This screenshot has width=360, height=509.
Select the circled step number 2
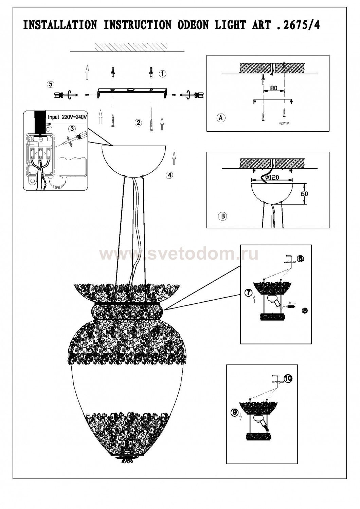click(x=138, y=123)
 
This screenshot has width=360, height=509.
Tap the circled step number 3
click(x=72, y=129)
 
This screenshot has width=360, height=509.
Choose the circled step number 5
click(x=50, y=84)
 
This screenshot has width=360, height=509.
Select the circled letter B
click(x=223, y=216)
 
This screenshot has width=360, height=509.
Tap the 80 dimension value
click(x=274, y=88)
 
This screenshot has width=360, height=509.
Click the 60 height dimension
click(x=305, y=194)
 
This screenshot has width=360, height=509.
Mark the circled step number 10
click(x=288, y=378)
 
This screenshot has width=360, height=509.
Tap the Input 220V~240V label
click(x=67, y=117)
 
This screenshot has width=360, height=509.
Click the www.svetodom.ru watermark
click(x=179, y=254)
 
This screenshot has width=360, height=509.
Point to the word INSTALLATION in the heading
click(x=60, y=25)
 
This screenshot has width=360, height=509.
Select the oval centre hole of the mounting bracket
click(x=130, y=90)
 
